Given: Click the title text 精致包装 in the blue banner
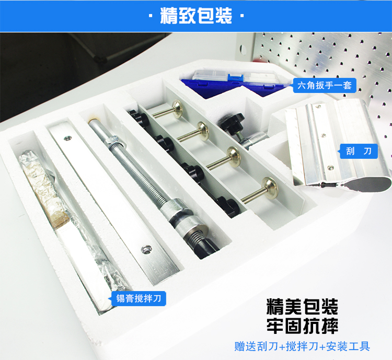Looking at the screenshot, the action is (196, 16).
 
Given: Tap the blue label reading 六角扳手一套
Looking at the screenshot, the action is (325, 86).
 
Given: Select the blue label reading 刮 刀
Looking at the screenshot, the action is (359, 151).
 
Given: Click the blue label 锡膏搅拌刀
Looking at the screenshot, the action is (139, 298).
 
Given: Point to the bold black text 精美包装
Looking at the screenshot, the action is (302, 307).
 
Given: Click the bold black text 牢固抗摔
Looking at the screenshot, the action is (302, 326).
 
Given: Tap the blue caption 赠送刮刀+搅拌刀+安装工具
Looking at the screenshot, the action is (302, 346).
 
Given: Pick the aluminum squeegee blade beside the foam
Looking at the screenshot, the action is (338, 145).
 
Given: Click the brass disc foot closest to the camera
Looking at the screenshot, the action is (270, 188).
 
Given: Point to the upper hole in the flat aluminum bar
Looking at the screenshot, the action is (67, 138).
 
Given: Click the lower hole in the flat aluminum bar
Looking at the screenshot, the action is (146, 249).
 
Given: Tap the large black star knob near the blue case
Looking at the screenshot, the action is (231, 122).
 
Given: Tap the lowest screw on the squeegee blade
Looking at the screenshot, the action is (330, 168).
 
